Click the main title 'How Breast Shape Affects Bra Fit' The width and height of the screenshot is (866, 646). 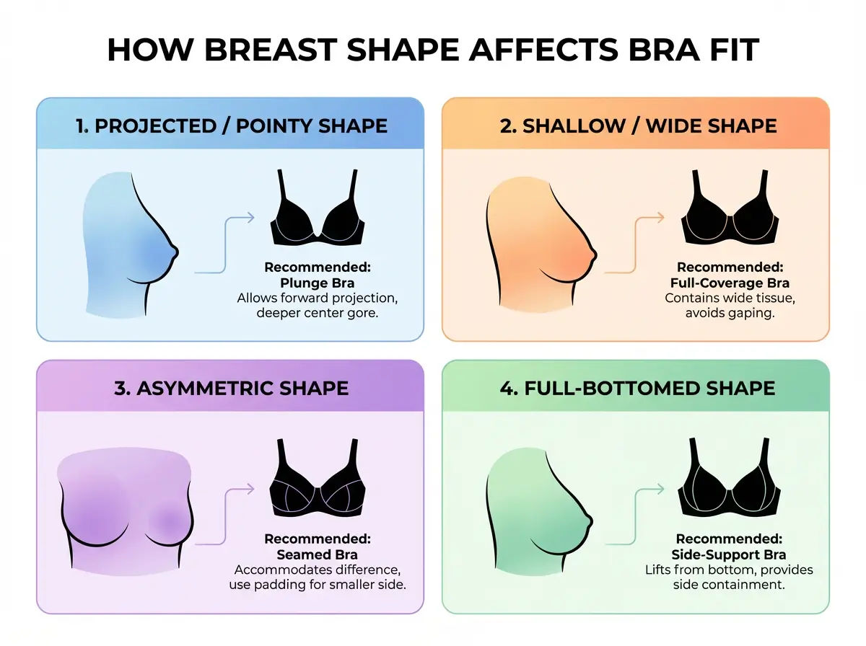pyautogui.click(x=433, y=51)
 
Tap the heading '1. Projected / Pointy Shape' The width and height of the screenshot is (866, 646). pyautogui.click(x=232, y=126)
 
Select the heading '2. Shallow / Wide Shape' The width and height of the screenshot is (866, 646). pyautogui.click(x=639, y=126)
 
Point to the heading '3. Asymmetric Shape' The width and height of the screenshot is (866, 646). pyautogui.click(x=232, y=388)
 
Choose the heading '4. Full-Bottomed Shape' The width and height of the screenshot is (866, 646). pyautogui.click(x=637, y=388)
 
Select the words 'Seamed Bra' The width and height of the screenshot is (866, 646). pyautogui.click(x=318, y=554)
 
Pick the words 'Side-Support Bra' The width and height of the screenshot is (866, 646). pyautogui.click(x=729, y=554)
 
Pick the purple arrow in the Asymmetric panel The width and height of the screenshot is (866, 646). pyautogui.click(x=225, y=516)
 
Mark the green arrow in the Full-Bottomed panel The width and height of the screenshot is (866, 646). pyautogui.click(x=634, y=516)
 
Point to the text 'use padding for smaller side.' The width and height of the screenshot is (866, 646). pyautogui.click(x=318, y=585)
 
